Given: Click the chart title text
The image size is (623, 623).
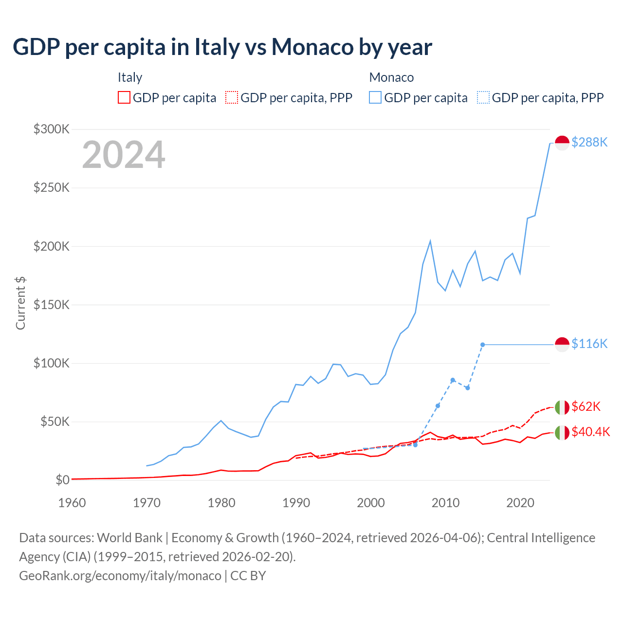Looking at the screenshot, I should [222, 47].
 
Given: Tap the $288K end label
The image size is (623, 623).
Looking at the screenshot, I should [589, 142].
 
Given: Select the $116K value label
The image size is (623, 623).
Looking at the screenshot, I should [589, 344].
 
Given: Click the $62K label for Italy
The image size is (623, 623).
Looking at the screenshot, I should [586, 406].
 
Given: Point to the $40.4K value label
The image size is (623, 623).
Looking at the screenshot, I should [590, 432].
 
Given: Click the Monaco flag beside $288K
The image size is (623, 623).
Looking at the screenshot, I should [562, 143].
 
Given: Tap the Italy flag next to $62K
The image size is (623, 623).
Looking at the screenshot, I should [562, 407].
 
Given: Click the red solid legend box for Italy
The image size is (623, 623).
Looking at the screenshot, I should [124, 98].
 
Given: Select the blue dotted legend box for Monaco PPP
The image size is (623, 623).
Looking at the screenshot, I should [483, 98].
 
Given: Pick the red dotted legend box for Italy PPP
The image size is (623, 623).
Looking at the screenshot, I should [232, 98].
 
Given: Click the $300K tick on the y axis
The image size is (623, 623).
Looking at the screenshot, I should [52, 129].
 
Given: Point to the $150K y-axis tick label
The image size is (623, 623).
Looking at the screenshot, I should [52, 305].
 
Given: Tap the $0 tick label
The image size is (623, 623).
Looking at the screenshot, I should [62, 480].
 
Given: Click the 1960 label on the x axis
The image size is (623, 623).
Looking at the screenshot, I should [72, 503].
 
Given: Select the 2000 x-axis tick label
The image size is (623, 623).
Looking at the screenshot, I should [371, 503].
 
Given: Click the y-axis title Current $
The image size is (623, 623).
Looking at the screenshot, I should [20, 303].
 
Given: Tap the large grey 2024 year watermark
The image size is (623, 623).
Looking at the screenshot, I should [124, 155].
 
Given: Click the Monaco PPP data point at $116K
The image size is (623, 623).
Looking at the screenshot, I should [482, 345].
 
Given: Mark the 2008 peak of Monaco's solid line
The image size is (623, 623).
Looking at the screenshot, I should [430, 241].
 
